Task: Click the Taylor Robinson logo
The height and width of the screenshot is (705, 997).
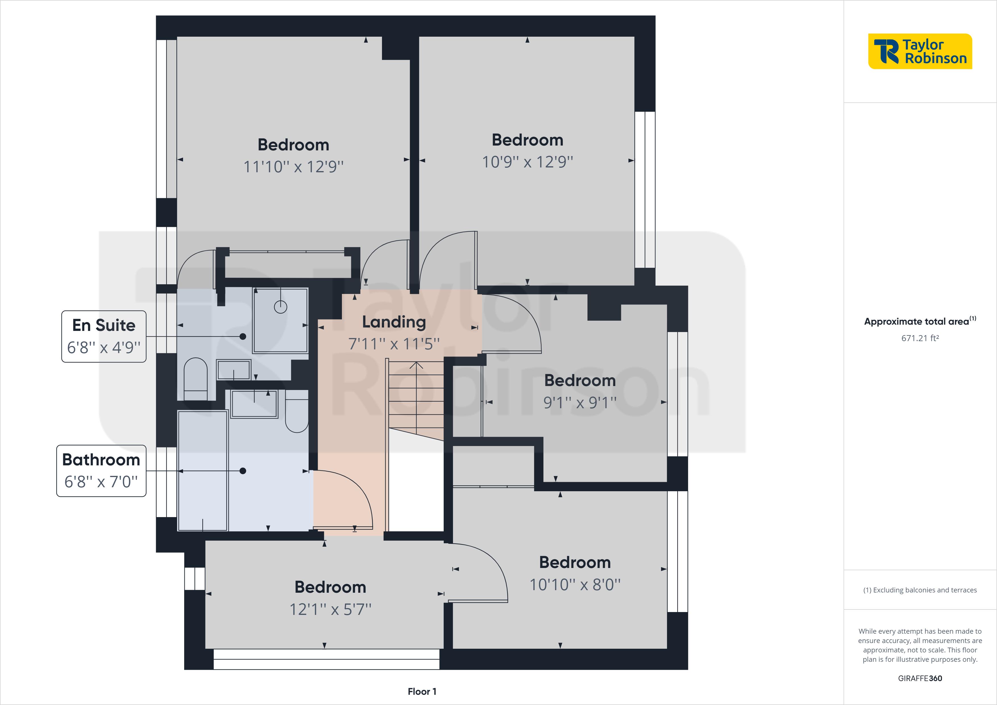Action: click(x=920, y=51)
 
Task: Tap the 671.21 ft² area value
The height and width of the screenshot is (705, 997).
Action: click(x=920, y=338)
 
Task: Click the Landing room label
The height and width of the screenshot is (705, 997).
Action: click(x=394, y=322)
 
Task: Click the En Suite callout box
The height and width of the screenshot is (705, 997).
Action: click(x=104, y=336)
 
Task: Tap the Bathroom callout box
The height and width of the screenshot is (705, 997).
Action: click(x=101, y=470)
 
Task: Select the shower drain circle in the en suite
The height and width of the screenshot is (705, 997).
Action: click(x=281, y=307)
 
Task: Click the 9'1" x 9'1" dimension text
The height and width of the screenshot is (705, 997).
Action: click(x=580, y=403)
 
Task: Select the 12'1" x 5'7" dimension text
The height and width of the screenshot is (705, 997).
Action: click(x=330, y=609)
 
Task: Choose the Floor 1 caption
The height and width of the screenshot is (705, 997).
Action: click(x=422, y=692)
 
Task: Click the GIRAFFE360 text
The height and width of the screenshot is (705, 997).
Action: click(x=920, y=678)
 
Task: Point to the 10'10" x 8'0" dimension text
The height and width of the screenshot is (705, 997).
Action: click(x=574, y=585)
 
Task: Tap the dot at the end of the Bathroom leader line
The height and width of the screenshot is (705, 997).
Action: click(x=243, y=471)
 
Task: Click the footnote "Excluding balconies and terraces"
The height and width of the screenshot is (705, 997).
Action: click(x=920, y=590)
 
